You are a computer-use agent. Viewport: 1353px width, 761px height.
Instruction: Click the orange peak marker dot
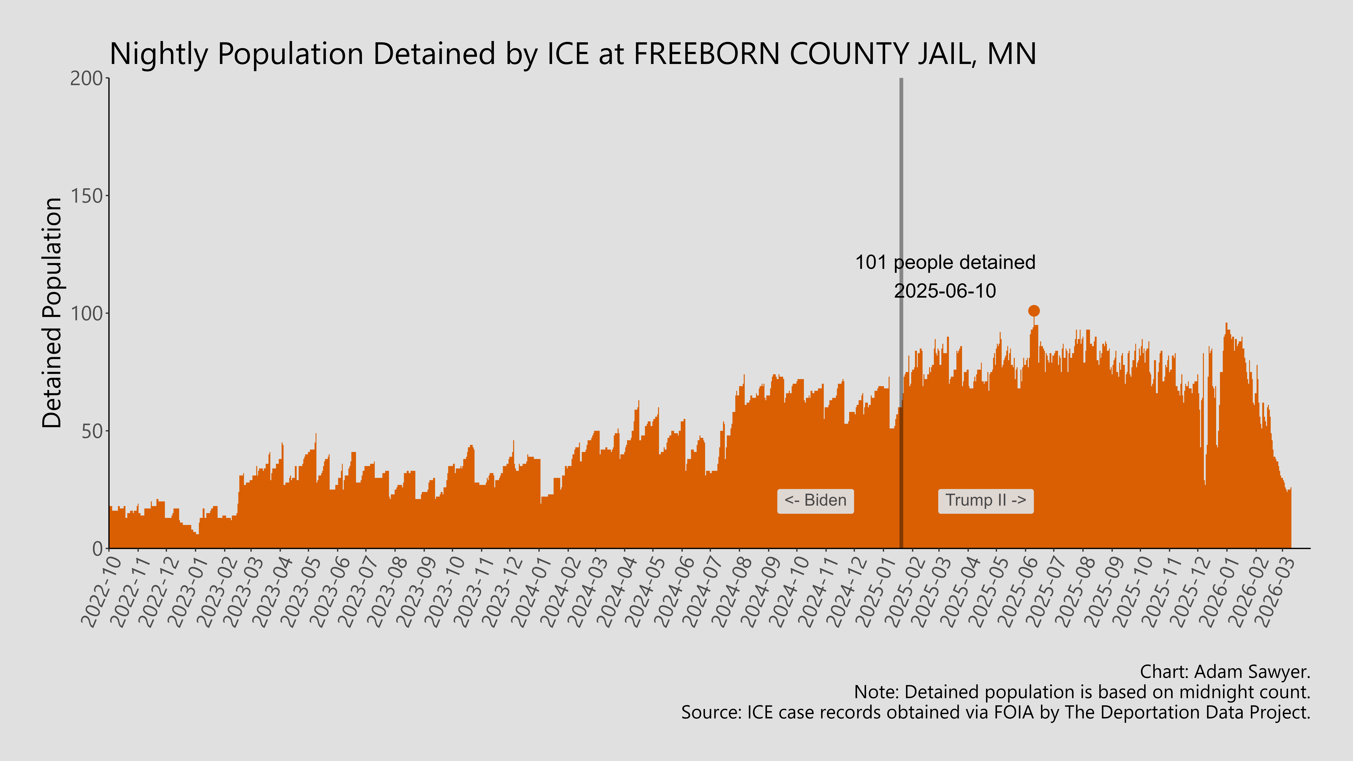1034,311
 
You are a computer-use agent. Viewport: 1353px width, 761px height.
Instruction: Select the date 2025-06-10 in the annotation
945,291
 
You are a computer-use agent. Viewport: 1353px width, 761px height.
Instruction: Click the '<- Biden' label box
815,501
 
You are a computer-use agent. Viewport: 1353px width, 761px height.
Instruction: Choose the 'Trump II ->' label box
985,501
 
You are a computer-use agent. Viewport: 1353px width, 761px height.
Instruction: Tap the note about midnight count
1082,692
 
